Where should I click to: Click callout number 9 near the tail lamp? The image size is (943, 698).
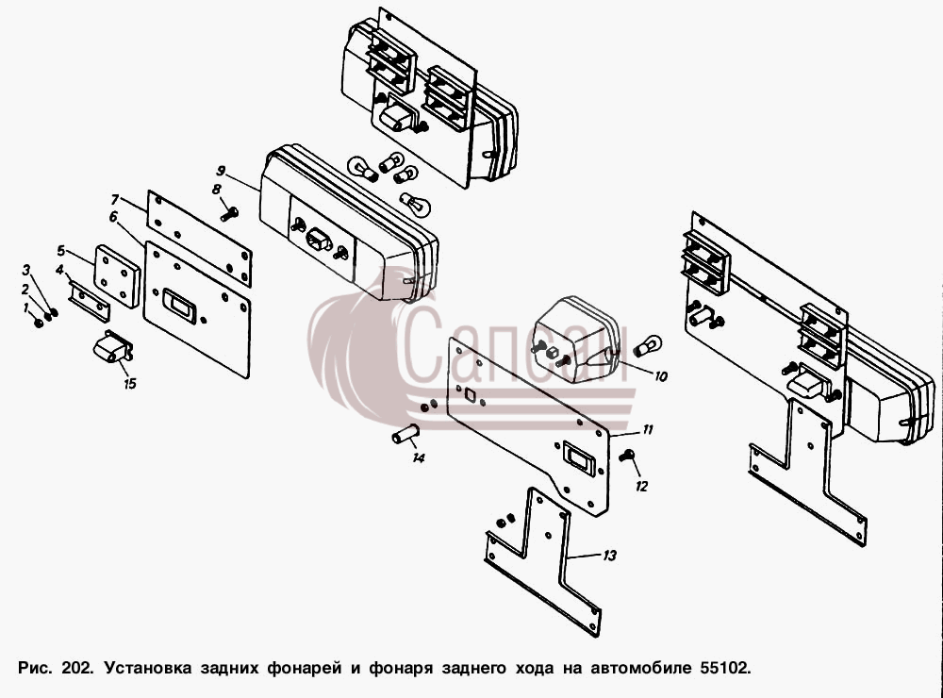pyautogui.click(x=221, y=171)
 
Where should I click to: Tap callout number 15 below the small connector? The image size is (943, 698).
pyautogui.click(x=130, y=383)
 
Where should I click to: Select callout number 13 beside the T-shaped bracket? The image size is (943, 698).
pyautogui.click(x=610, y=556)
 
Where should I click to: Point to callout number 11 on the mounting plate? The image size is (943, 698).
pyautogui.click(x=648, y=429)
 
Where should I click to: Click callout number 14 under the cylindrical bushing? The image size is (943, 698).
pyautogui.click(x=419, y=457)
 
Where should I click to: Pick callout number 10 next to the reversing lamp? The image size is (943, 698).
pyautogui.click(x=660, y=376)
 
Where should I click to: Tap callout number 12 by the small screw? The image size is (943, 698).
pyautogui.click(x=641, y=486)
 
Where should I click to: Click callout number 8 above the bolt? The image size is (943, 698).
pyautogui.click(x=217, y=190)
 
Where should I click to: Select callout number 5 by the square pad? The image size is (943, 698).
pyautogui.click(x=60, y=250)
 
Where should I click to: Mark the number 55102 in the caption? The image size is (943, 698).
pyautogui.click(x=725, y=668)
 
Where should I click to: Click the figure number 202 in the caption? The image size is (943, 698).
pyautogui.click(x=77, y=668)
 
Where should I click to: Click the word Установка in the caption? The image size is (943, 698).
pyautogui.click(x=148, y=668)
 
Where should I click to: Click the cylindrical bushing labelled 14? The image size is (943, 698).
pyautogui.click(x=405, y=433)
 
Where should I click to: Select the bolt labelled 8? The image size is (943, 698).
pyautogui.click(x=230, y=213)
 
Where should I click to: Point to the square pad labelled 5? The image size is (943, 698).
pyautogui.click(x=117, y=275)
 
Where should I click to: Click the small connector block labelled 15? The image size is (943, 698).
pyautogui.click(x=112, y=347)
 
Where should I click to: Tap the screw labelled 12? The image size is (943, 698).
pyautogui.click(x=627, y=456)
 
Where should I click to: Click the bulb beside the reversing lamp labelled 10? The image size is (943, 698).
pyautogui.click(x=647, y=345)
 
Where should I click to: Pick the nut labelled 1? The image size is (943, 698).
pyautogui.click(x=39, y=324)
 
